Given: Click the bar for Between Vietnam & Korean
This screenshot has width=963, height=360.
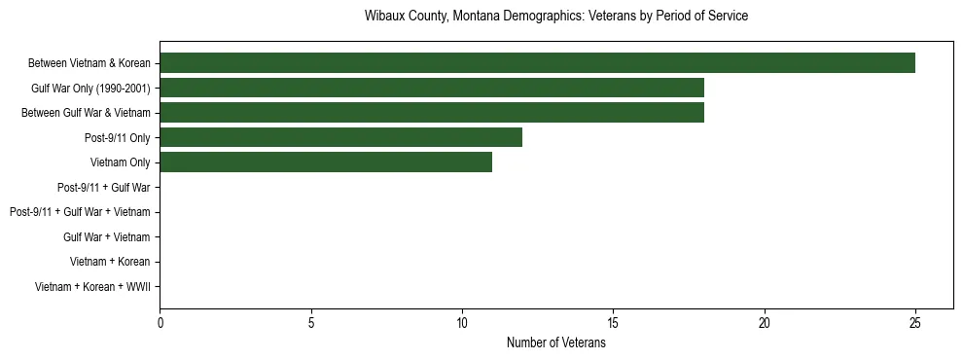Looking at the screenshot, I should point(537,63).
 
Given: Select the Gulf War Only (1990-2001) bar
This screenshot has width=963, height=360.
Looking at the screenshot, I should point(432,89).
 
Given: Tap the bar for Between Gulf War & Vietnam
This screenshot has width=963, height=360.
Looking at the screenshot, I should point(432,113).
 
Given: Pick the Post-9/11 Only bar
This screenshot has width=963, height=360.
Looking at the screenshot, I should point(340,138).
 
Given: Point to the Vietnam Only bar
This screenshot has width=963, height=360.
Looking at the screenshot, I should point(326,162).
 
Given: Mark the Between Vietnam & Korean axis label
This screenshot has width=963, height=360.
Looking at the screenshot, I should point(89,63).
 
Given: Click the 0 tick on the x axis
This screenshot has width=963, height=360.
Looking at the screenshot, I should point(160,322).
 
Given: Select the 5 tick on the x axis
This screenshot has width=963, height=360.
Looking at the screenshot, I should point(311,322).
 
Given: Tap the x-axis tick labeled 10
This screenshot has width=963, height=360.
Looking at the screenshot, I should point(462,322).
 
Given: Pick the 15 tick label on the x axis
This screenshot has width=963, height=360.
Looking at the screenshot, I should point(613,322).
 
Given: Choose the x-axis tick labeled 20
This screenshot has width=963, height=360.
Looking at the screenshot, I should point(765,322).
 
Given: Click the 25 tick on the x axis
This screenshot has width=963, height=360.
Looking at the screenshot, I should point(915,322).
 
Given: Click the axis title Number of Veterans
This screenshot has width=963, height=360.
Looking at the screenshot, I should point(556,342).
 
